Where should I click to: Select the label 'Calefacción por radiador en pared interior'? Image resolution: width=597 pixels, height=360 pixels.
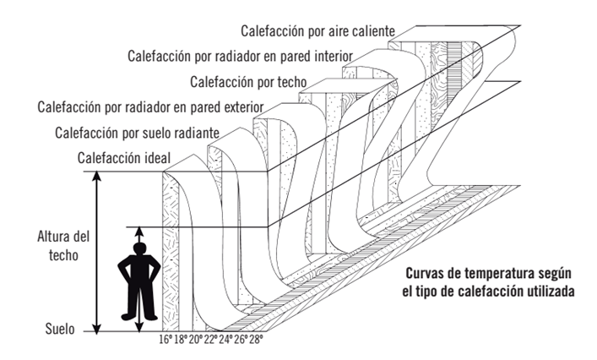click(240, 57)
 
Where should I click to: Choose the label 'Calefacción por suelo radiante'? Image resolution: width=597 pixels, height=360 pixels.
click(138, 133)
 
